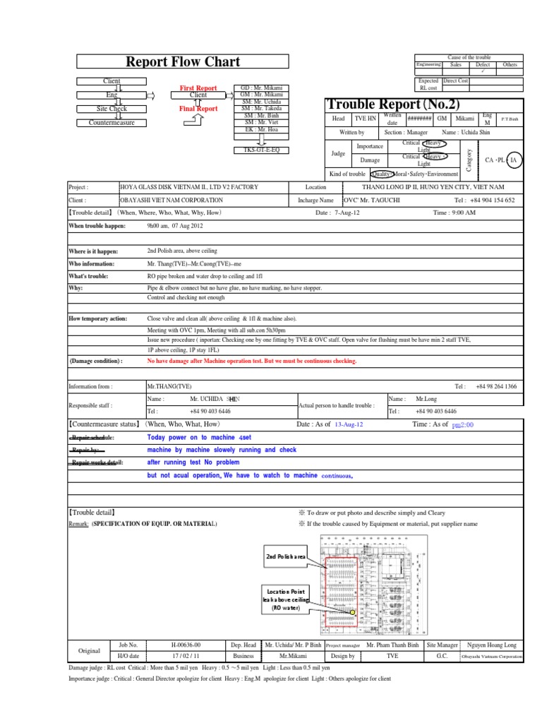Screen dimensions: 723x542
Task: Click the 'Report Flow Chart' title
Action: tap(183, 61)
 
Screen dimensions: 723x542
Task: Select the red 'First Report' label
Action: tap(198, 88)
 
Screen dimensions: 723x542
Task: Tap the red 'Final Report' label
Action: tap(198, 109)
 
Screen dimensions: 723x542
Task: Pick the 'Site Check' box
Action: tap(112, 109)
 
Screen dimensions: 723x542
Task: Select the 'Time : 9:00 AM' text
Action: tap(454, 212)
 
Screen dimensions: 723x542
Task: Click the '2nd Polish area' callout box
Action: tap(285, 557)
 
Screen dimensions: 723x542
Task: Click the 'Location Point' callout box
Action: tap(287, 601)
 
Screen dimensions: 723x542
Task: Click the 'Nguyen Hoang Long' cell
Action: tap(491, 645)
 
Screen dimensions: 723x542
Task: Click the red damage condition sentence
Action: tap(251, 361)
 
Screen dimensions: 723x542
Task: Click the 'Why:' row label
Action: tap(76, 288)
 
